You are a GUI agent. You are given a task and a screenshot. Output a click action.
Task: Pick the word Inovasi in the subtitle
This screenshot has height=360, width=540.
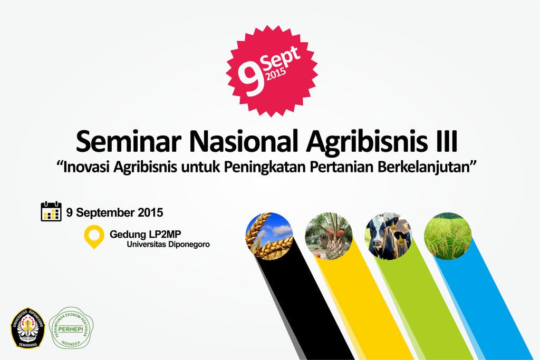point(88,168)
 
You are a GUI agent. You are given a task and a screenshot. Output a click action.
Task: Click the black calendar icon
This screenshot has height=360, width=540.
point(51,211)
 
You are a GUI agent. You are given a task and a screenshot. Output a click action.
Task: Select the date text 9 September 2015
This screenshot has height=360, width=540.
point(114,212)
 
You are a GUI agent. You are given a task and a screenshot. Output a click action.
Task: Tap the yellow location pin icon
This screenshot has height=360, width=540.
point(94,236)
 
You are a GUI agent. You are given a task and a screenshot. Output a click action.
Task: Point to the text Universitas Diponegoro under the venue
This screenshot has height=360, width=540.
point(168,245)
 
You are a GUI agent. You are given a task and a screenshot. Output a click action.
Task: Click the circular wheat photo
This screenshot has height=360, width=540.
point(269,236)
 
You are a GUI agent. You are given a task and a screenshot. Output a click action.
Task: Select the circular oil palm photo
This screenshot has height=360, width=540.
point(329,236)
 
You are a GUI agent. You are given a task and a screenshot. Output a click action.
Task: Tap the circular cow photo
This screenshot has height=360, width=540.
point(388,236)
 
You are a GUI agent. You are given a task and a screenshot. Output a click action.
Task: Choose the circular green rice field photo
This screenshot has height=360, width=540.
point(448,236)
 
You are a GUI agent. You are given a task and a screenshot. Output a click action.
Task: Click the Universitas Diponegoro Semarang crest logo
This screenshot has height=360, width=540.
point(28,327)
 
